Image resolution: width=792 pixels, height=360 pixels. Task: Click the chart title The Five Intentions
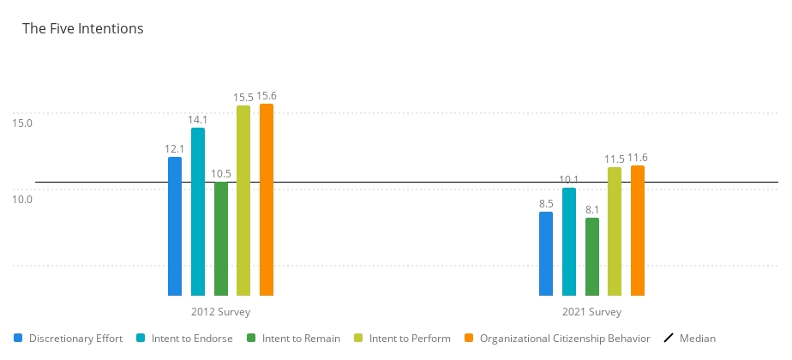point(82,28)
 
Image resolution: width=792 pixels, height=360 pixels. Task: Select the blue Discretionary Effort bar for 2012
point(175,226)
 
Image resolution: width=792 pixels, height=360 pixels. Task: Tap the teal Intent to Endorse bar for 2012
point(198,212)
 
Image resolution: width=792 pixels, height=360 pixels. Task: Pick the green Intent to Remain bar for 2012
point(221,238)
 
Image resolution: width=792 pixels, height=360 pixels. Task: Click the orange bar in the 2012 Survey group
point(267,200)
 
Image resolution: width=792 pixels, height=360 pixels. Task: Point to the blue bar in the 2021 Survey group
point(546,254)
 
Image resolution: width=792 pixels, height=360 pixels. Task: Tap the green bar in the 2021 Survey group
point(592,256)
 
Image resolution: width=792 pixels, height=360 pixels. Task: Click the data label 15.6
point(267,96)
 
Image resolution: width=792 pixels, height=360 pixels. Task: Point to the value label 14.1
point(198,120)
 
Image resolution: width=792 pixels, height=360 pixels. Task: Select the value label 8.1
point(592,209)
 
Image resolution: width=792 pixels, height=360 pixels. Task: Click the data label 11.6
point(638,158)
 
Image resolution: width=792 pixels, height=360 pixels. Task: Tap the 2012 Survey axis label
point(221,312)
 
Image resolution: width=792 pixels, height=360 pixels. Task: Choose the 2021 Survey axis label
point(592,312)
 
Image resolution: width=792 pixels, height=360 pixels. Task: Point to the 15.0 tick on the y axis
point(22,123)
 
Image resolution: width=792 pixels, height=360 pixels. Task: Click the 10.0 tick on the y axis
point(22,200)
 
